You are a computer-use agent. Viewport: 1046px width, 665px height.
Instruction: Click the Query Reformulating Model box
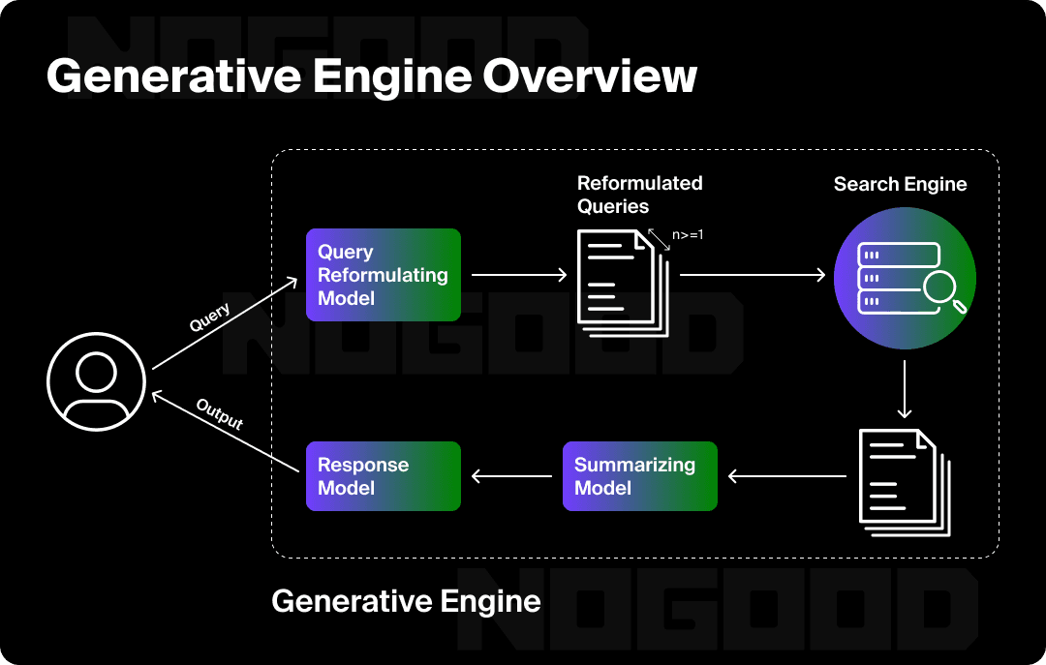click(383, 275)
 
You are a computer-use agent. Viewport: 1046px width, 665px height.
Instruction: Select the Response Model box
click(383, 476)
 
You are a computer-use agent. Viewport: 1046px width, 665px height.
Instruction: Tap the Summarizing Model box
click(639, 476)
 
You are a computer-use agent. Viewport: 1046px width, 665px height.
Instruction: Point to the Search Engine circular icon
click(904, 276)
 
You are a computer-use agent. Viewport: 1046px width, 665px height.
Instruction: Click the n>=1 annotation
click(687, 234)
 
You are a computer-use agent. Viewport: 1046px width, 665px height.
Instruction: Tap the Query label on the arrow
click(209, 317)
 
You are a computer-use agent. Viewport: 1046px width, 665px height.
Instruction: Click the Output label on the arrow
click(220, 414)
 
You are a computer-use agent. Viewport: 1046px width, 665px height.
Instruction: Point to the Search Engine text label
click(900, 184)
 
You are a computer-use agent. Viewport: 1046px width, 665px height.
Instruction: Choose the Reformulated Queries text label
click(639, 194)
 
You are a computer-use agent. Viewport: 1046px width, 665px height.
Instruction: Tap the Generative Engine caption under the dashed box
click(406, 601)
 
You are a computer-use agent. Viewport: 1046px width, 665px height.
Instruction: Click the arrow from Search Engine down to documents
click(904, 389)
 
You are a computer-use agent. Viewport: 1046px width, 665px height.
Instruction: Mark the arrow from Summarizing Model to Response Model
click(511, 476)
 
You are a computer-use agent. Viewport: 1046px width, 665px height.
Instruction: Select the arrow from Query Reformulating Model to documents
click(518, 275)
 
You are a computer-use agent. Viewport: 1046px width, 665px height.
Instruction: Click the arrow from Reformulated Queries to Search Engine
click(752, 275)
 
